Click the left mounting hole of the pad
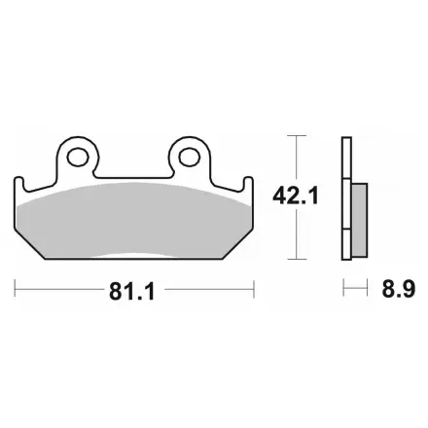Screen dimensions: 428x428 point(78,157)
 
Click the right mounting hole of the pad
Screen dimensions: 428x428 point(190,157)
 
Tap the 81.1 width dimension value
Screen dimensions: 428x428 point(132,292)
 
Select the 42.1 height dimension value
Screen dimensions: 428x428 point(296,196)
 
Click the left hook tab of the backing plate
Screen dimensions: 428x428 point(19,185)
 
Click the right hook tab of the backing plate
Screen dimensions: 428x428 point(248,185)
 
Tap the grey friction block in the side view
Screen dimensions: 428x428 point(360,221)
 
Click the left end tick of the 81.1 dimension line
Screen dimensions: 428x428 point(15,288)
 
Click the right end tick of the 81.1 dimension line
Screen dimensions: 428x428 point(254,289)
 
